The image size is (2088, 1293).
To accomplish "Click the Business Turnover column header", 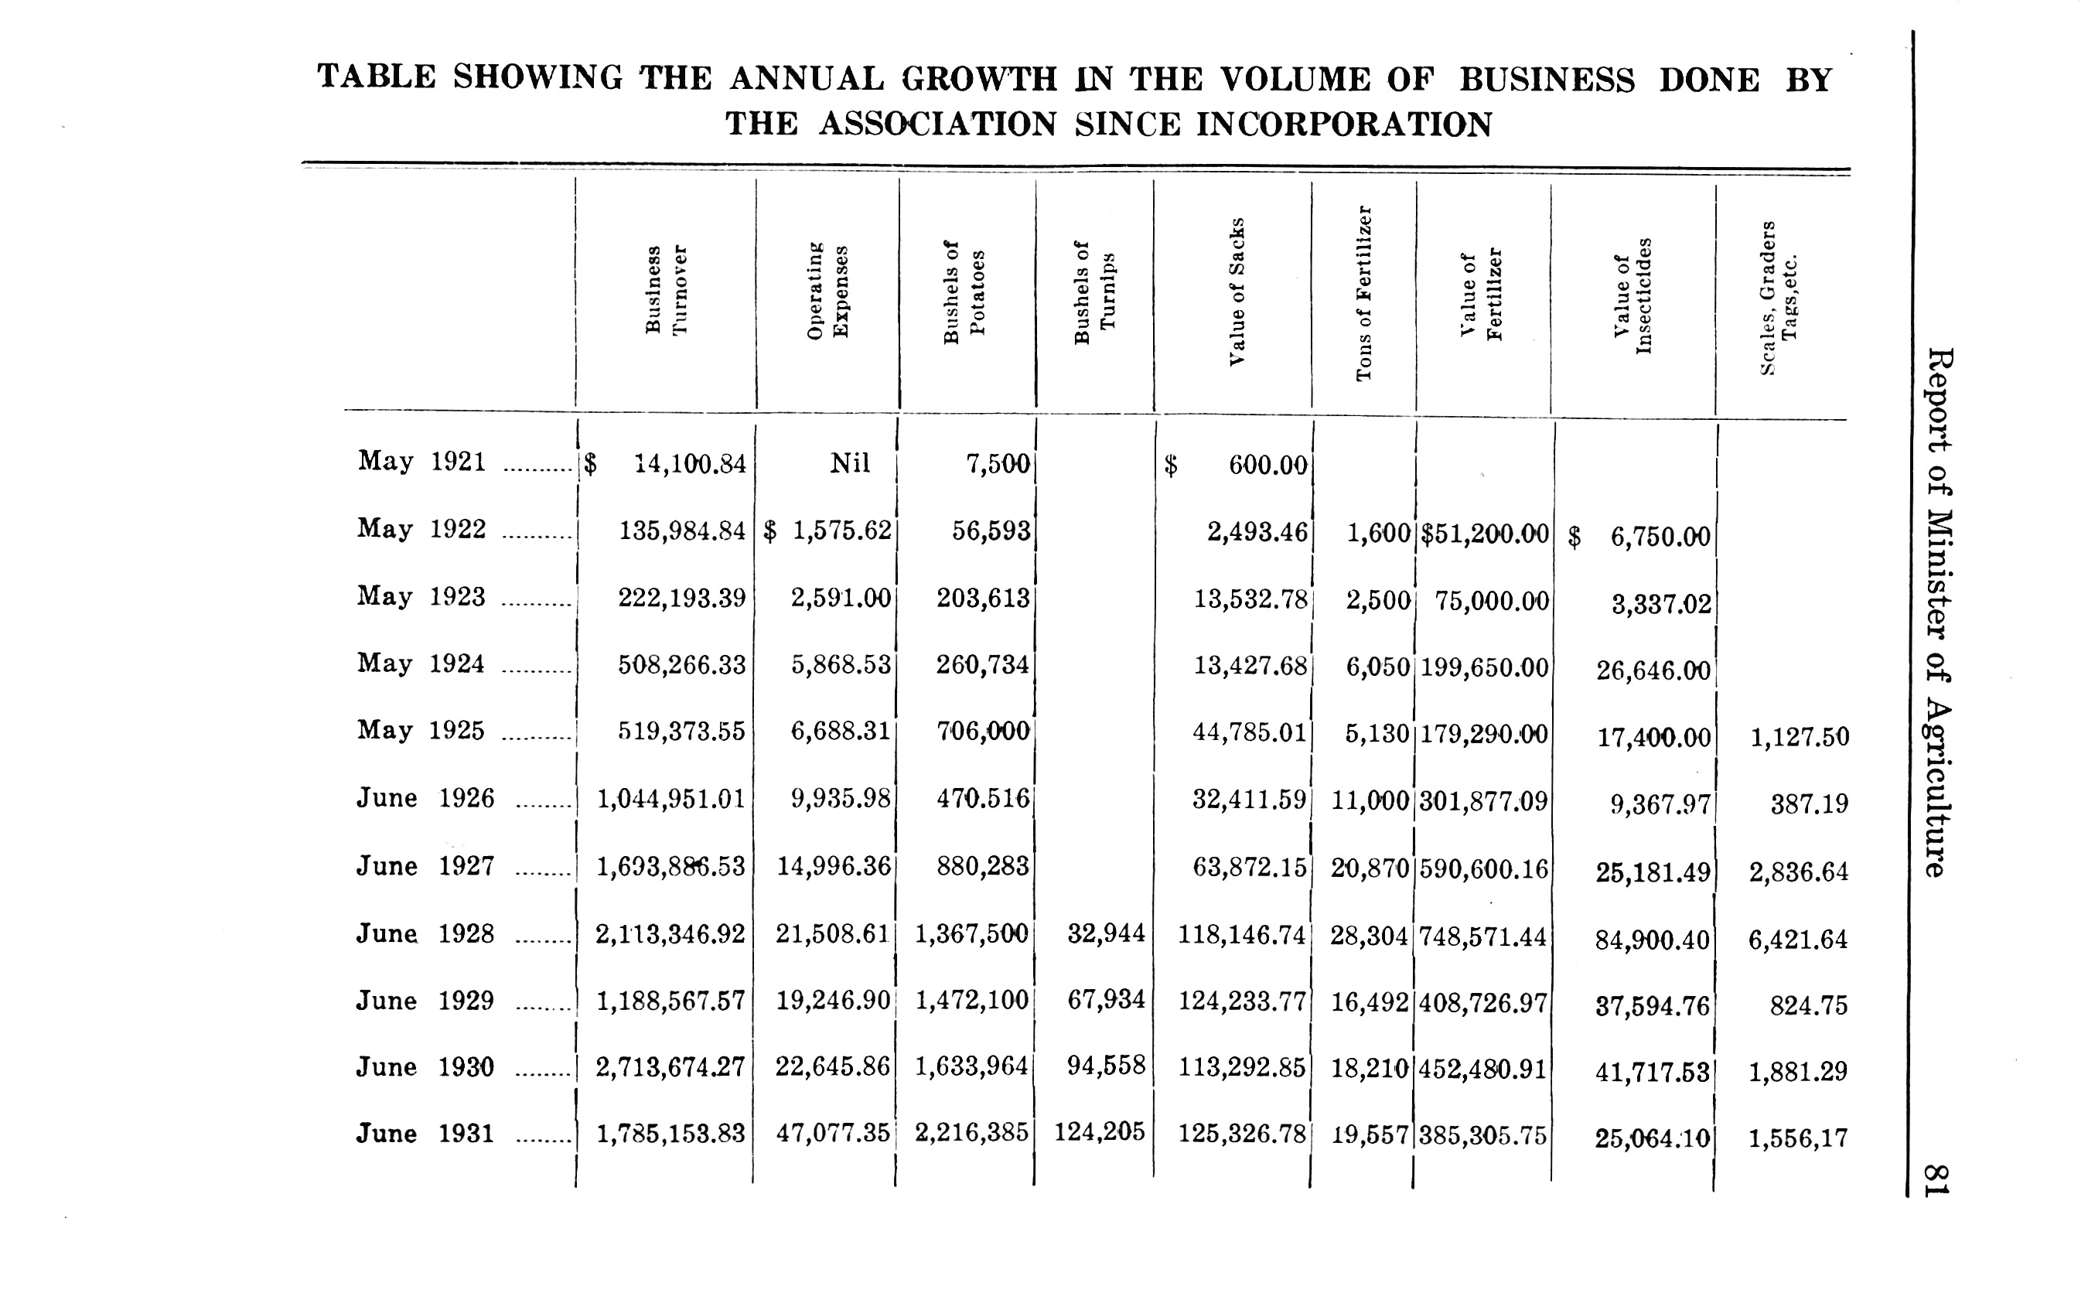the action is [x=666, y=291].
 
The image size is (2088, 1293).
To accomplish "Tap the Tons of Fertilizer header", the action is [x=1364, y=293].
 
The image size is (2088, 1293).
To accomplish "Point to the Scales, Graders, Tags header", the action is [x=1779, y=298].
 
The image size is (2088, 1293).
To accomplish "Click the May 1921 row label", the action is [x=421, y=462].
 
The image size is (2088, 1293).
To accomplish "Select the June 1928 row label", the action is [x=425, y=933].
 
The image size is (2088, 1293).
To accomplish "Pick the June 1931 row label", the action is [x=425, y=1133].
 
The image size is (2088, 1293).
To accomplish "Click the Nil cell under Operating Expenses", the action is [x=850, y=463].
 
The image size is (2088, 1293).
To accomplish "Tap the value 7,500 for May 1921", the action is [x=997, y=464].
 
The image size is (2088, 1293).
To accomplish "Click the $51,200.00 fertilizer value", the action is [x=1484, y=534].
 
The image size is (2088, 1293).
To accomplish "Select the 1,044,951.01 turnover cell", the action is [x=671, y=800].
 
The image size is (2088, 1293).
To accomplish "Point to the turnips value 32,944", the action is [x=1107, y=933].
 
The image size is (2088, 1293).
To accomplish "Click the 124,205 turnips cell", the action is [x=1100, y=1133].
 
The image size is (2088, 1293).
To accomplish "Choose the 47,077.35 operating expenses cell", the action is [x=833, y=1134].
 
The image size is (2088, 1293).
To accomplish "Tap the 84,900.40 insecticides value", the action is [x=1653, y=940].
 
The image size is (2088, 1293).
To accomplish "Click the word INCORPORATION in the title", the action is [x=1344, y=125].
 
